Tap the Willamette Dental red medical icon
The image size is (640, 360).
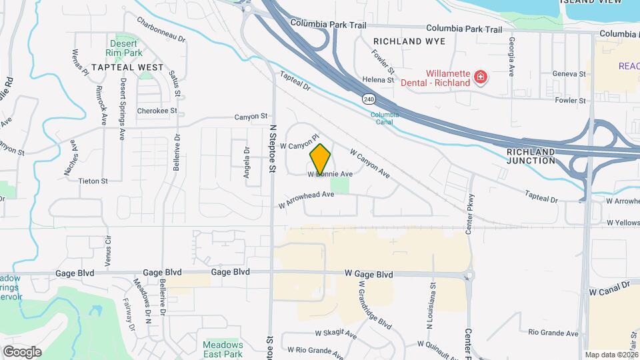point(479,78)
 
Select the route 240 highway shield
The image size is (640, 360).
point(369,99)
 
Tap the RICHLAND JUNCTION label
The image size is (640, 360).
point(531,156)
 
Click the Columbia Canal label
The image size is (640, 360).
point(385,118)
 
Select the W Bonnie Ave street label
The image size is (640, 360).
point(330,174)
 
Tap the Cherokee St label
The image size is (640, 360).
point(157,111)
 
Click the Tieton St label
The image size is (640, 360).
point(93,181)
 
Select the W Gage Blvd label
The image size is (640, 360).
point(369,274)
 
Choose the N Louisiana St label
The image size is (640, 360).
point(432,304)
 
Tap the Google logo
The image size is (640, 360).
point(22,351)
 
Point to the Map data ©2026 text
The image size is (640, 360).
point(612,355)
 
